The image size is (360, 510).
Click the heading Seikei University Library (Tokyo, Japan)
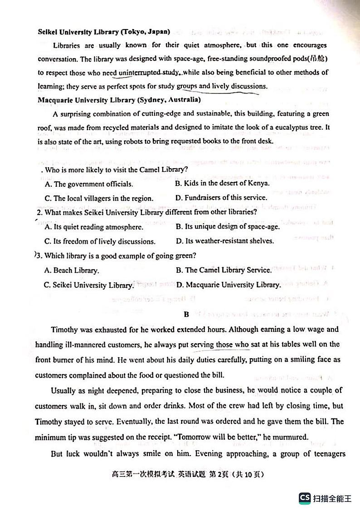[104, 32]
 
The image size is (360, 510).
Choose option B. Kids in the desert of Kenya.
[222, 184]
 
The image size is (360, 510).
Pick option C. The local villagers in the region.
[99, 198]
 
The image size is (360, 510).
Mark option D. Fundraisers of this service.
[221, 198]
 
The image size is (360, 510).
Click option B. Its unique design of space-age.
[228, 227]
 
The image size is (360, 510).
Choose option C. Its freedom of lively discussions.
[100, 241]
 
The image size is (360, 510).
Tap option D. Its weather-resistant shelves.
[224, 241]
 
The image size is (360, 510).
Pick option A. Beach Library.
[71, 271]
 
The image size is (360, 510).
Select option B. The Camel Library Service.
[224, 270]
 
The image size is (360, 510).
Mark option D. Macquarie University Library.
[228, 285]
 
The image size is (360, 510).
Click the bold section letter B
[186, 314]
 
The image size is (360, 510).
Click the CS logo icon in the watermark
[305, 498]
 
